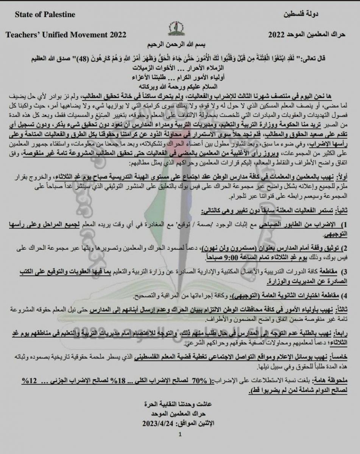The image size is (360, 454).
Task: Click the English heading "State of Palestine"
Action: (45, 15)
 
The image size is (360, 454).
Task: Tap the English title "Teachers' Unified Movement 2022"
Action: (66, 35)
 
